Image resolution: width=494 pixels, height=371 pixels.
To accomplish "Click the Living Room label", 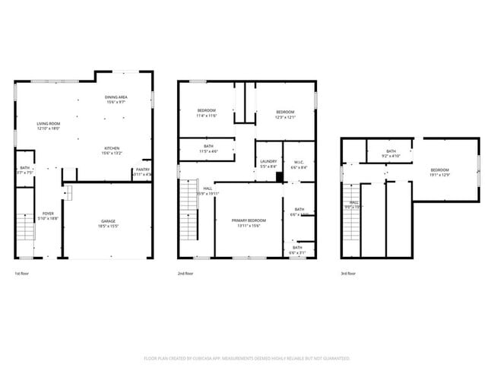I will (49, 125).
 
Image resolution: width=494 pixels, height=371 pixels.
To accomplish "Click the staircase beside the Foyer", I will (25, 227).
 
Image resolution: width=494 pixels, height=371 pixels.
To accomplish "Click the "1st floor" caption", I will (23, 274).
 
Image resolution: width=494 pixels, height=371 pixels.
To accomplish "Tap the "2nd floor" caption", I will (185, 274).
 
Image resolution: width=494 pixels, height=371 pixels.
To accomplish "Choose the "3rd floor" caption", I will (348, 274).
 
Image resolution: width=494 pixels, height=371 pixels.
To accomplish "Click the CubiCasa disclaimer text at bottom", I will (246, 358).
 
